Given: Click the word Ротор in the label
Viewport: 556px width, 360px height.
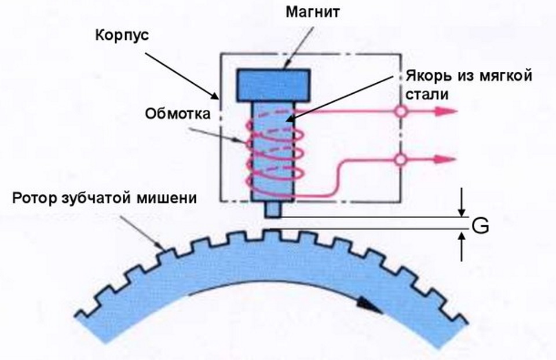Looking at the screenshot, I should coord(37,199).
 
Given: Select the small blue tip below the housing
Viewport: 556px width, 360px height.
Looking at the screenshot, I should coord(272,210).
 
